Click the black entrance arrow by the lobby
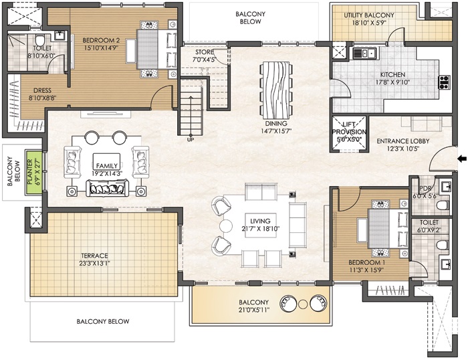click(462, 159)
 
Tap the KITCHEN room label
click(392, 75)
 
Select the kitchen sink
click(364, 54)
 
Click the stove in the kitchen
click(444, 82)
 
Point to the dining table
click(275, 90)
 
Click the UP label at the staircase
click(190, 139)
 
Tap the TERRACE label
click(94, 256)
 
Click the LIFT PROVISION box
click(349, 134)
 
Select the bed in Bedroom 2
click(156, 50)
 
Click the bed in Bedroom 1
click(387, 229)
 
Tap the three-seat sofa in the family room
click(107, 188)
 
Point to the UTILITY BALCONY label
click(369, 15)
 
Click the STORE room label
click(204, 52)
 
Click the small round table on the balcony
click(303, 304)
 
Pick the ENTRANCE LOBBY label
click(403, 141)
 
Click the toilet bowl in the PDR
click(443, 205)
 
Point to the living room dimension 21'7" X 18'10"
click(260, 229)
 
